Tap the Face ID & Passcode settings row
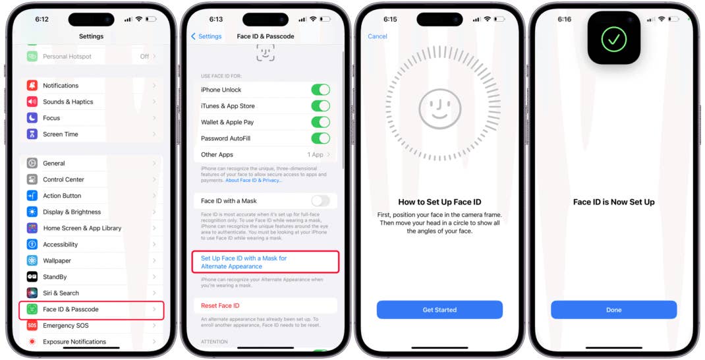click(x=92, y=309)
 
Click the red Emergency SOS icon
click(x=32, y=326)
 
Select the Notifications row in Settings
click(x=92, y=86)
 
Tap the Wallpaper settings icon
click(x=32, y=260)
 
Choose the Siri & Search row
click(x=92, y=293)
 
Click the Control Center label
click(x=64, y=179)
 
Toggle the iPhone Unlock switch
click(x=320, y=90)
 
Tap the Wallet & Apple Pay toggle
click(x=320, y=122)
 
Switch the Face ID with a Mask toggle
click(x=320, y=201)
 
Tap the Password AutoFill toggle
click(x=320, y=138)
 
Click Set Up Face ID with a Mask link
click(x=244, y=262)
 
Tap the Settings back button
click(x=207, y=36)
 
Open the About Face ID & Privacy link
click(x=254, y=180)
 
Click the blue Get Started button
click(x=439, y=310)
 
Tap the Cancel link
click(x=378, y=36)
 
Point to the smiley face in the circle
click(x=439, y=109)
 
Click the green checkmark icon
click(x=613, y=39)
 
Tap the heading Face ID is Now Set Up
click(x=613, y=202)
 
